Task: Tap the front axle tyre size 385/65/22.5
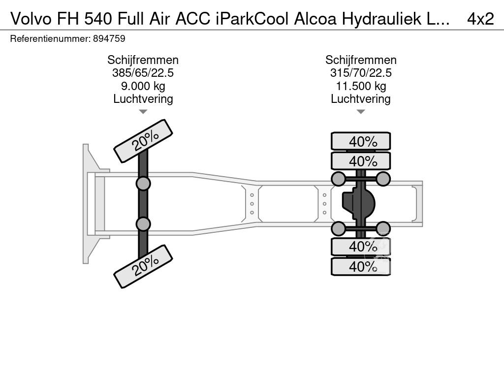pos(143,73)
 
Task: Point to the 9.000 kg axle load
pos(143,86)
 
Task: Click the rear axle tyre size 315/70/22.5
pos(361,73)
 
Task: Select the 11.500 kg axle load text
pos(361,86)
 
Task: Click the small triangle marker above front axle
pos(143,112)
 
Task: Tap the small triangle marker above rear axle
pos(361,112)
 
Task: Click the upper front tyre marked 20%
pos(143,141)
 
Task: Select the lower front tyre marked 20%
pos(143,267)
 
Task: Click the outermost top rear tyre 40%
pos(361,141)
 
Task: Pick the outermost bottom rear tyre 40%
pos(361,266)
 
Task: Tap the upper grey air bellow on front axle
pos(143,184)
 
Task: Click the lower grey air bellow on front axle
pos(143,224)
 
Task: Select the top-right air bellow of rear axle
pos(383,179)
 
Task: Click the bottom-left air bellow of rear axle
pos(338,228)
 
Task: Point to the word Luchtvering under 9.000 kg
pos(143,98)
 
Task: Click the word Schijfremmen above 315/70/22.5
pos(361,60)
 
